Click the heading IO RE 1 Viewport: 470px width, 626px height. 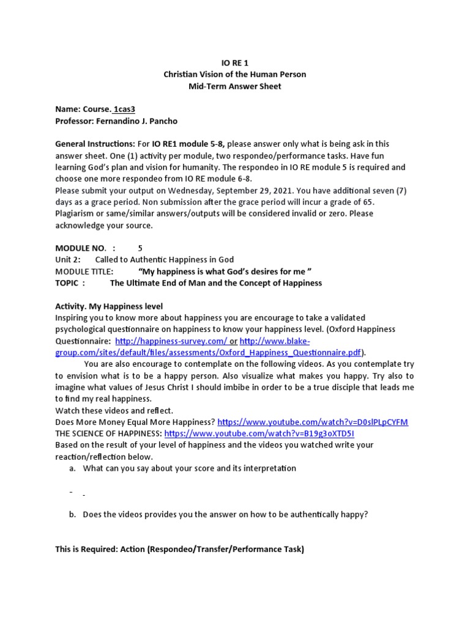tap(234, 62)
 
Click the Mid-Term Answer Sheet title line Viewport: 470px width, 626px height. tap(234, 86)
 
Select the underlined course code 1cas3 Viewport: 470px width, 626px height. tap(124, 109)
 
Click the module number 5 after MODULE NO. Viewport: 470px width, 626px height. tap(140, 248)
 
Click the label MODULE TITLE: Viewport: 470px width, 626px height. tap(84, 271)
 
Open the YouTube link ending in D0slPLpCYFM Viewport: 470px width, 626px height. tap(313, 422)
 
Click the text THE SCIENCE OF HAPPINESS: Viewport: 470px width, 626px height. tap(109, 434)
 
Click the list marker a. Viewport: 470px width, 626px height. tap(73, 468)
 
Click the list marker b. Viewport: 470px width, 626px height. tap(73, 515)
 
